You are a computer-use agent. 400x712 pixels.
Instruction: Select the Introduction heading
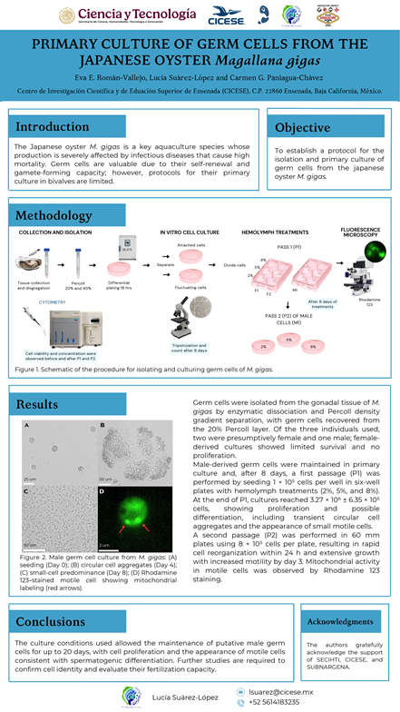tap(53, 126)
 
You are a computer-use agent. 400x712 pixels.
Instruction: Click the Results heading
tap(37, 403)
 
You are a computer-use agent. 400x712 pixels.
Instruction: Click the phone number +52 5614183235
tap(278, 702)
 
